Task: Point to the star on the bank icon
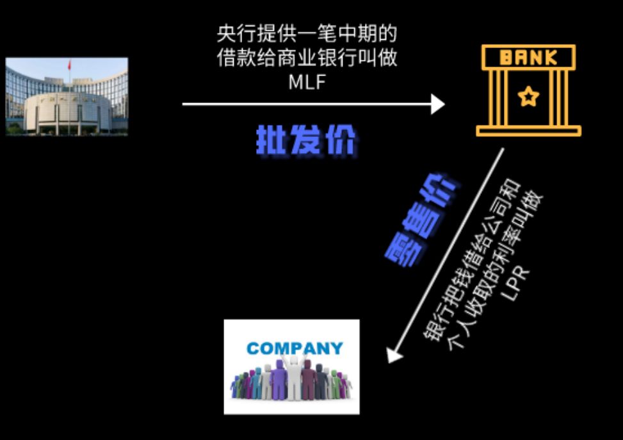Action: (x=528, y=97)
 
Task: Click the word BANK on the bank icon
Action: (x=528, y=58)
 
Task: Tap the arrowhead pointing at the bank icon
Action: (x=438, y=104)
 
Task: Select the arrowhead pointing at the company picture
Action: (x=395, y=354)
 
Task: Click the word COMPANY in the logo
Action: (x=295, y=349)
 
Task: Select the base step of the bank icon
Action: (x=528, y=131)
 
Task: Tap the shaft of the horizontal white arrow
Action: (x=307, y=104)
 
